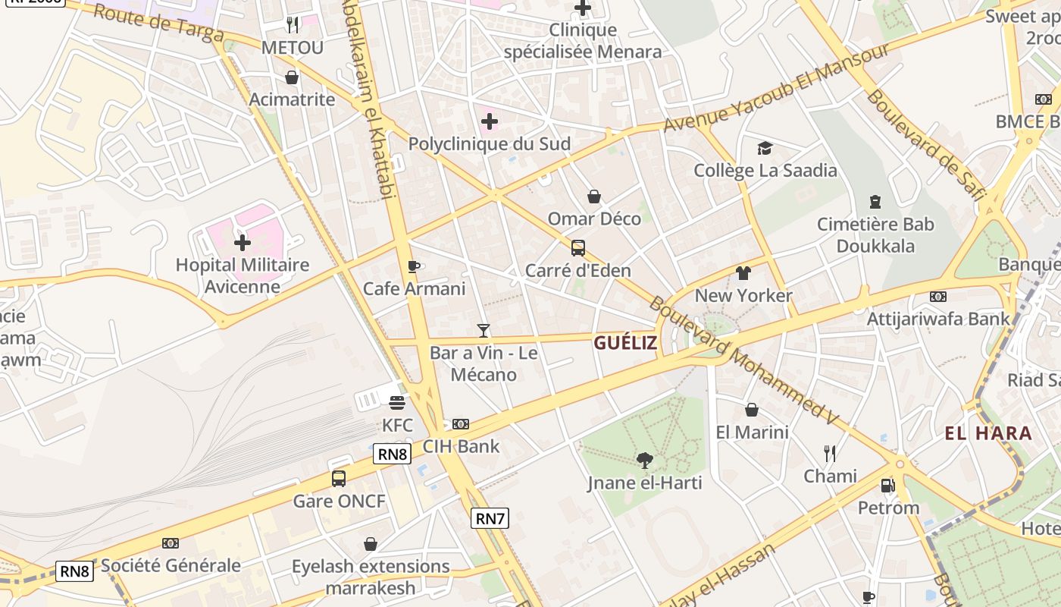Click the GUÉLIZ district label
click(x=625, y=343)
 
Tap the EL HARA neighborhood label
click(x=988, y=433)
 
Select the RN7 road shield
click(x=490, y=518)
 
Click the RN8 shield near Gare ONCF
click(x=393, y=454)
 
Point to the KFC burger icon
click(x=397, y=402)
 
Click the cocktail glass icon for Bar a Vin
click(x=484, y=330)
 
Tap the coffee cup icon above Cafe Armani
click(x=413, y=266)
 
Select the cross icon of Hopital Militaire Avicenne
click(x=243, y=243)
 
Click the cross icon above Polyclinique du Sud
click(x=490, y=121)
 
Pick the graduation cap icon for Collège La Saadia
click(x=765, y=148)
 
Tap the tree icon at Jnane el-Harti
click(x=644, y=459)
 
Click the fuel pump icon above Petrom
click(x=887, y=485)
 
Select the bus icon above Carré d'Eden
click(x=578, y=248)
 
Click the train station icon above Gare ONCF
click(x=339, y=479)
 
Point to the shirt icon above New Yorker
click(x=743, y=273)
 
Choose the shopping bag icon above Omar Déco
click(x=594, y=197)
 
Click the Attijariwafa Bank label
click(x=938, y=319)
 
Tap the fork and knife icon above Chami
click(x=830, y=454)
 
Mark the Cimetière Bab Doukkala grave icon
click(x=875, y=202)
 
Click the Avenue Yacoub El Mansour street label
click(x=776, y=87)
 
